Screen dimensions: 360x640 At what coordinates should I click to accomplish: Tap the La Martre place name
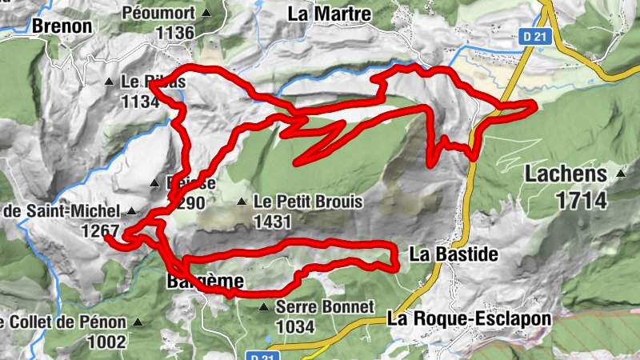[x=330, y=14]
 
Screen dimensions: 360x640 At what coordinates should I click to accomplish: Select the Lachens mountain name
[x=568, y=174]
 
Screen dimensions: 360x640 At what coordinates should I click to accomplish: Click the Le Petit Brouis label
[x=307, y=202]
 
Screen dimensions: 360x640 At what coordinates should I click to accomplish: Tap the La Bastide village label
[x=454, y=255]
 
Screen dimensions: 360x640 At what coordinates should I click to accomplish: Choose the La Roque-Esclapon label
[x=469, y=318]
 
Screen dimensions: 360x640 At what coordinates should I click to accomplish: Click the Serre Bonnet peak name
[x=324, y=306]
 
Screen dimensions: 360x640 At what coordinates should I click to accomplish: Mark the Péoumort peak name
[x=158, y=13]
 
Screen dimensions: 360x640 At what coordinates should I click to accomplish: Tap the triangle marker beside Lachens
[x=621, y=173]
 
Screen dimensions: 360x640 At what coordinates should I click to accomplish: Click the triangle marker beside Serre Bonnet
[x=264, y=306]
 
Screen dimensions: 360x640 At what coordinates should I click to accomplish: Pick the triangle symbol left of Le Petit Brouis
[x=242, y=202]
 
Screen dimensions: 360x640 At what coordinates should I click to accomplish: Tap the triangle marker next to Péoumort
[x=207, y=13]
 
